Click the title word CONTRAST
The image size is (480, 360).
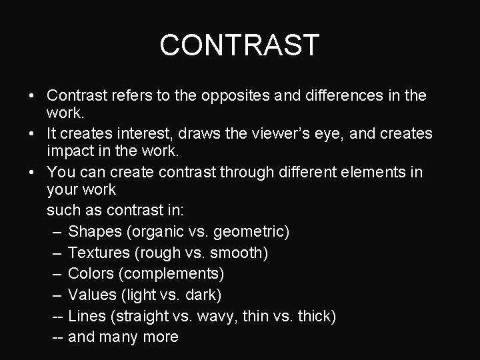click(240, 45)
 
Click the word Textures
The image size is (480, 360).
click(99, 253)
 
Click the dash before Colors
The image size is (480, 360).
click(57, 274)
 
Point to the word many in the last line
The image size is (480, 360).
click(119, 337)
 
